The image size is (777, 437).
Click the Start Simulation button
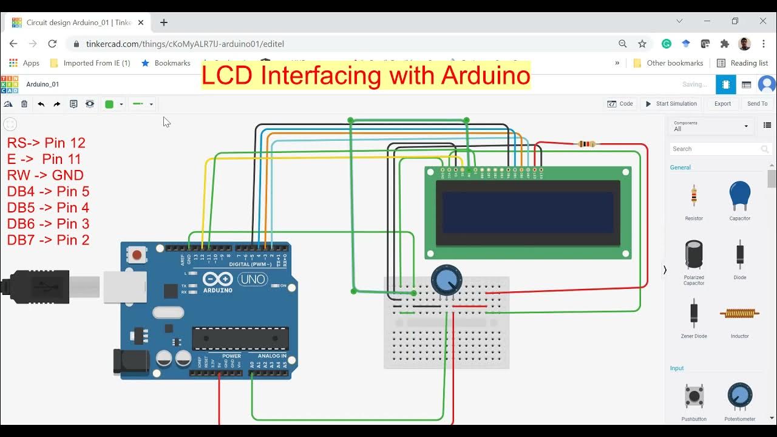click(x=671, y=104)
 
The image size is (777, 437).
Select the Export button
click(x=722, y=104)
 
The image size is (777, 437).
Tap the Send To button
click(x=757, y=104)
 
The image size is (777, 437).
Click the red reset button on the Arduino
click(x=137, y=255)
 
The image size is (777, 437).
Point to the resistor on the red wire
click(x=586, y=144)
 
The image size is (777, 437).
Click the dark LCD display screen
click(x=528, y=212)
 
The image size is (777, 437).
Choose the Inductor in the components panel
click(x=739, y=313)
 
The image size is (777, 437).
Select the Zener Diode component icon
click(x=694, y=313)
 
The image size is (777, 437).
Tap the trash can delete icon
click(x=24, y=104)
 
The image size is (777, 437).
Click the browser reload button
click(x=52, y=44)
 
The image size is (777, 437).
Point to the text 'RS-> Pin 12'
click(x=46, y=143)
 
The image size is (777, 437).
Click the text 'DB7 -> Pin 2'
click(x=49, y=240)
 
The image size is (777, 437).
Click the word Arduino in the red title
click(x=486, y=75)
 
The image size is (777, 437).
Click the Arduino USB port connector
click(x=125, y=286)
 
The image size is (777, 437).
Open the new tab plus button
click(x=164, y=22)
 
